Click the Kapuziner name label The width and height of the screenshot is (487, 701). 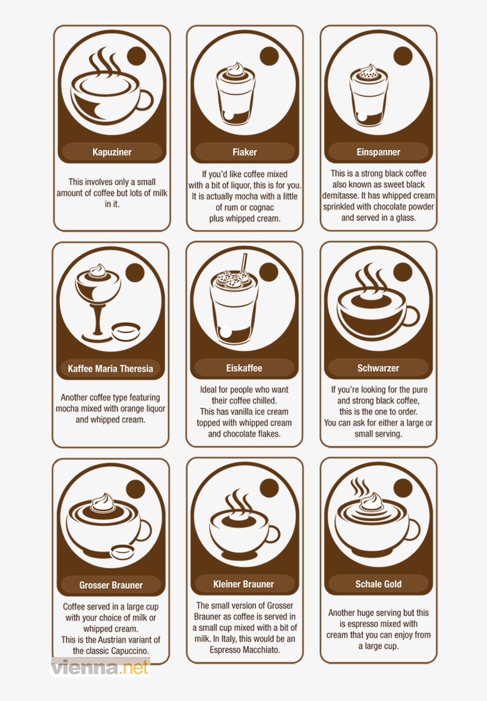pyautogui.click(x=112, y=152)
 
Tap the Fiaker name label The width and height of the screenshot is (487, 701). pyautogui.click(x=245, y=152)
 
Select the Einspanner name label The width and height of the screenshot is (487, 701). pyautogui.click(x=378, y=152)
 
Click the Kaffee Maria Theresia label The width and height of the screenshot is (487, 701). pyautogui.click(x=110, y=369)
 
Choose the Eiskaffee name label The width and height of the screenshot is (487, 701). pyautogui.click(x=244, y=368)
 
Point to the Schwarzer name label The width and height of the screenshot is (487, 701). pyautogui.click(x=378, y=368)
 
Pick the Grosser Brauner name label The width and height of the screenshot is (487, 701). pyautogui.click(x=111, y=585)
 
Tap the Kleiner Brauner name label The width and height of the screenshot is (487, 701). pyautogui.click(x=244, y=584)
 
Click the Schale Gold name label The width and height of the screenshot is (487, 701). pyautogui.click(x=378, y=584)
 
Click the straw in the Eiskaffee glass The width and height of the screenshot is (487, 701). pyautogui.click(x=243, y=262)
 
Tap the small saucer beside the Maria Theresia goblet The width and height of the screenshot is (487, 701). pyautogui.click(x=127, y=330)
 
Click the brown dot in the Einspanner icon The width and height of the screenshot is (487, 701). pyautogui.click(x=403, y=56)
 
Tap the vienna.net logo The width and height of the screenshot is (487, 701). pyautogui.click(x=99, y=668)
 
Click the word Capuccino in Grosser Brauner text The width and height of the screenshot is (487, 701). pyautogui.click(x=128, y=651)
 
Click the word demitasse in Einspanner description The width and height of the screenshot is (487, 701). pyautogui.click(x=342, y=196)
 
